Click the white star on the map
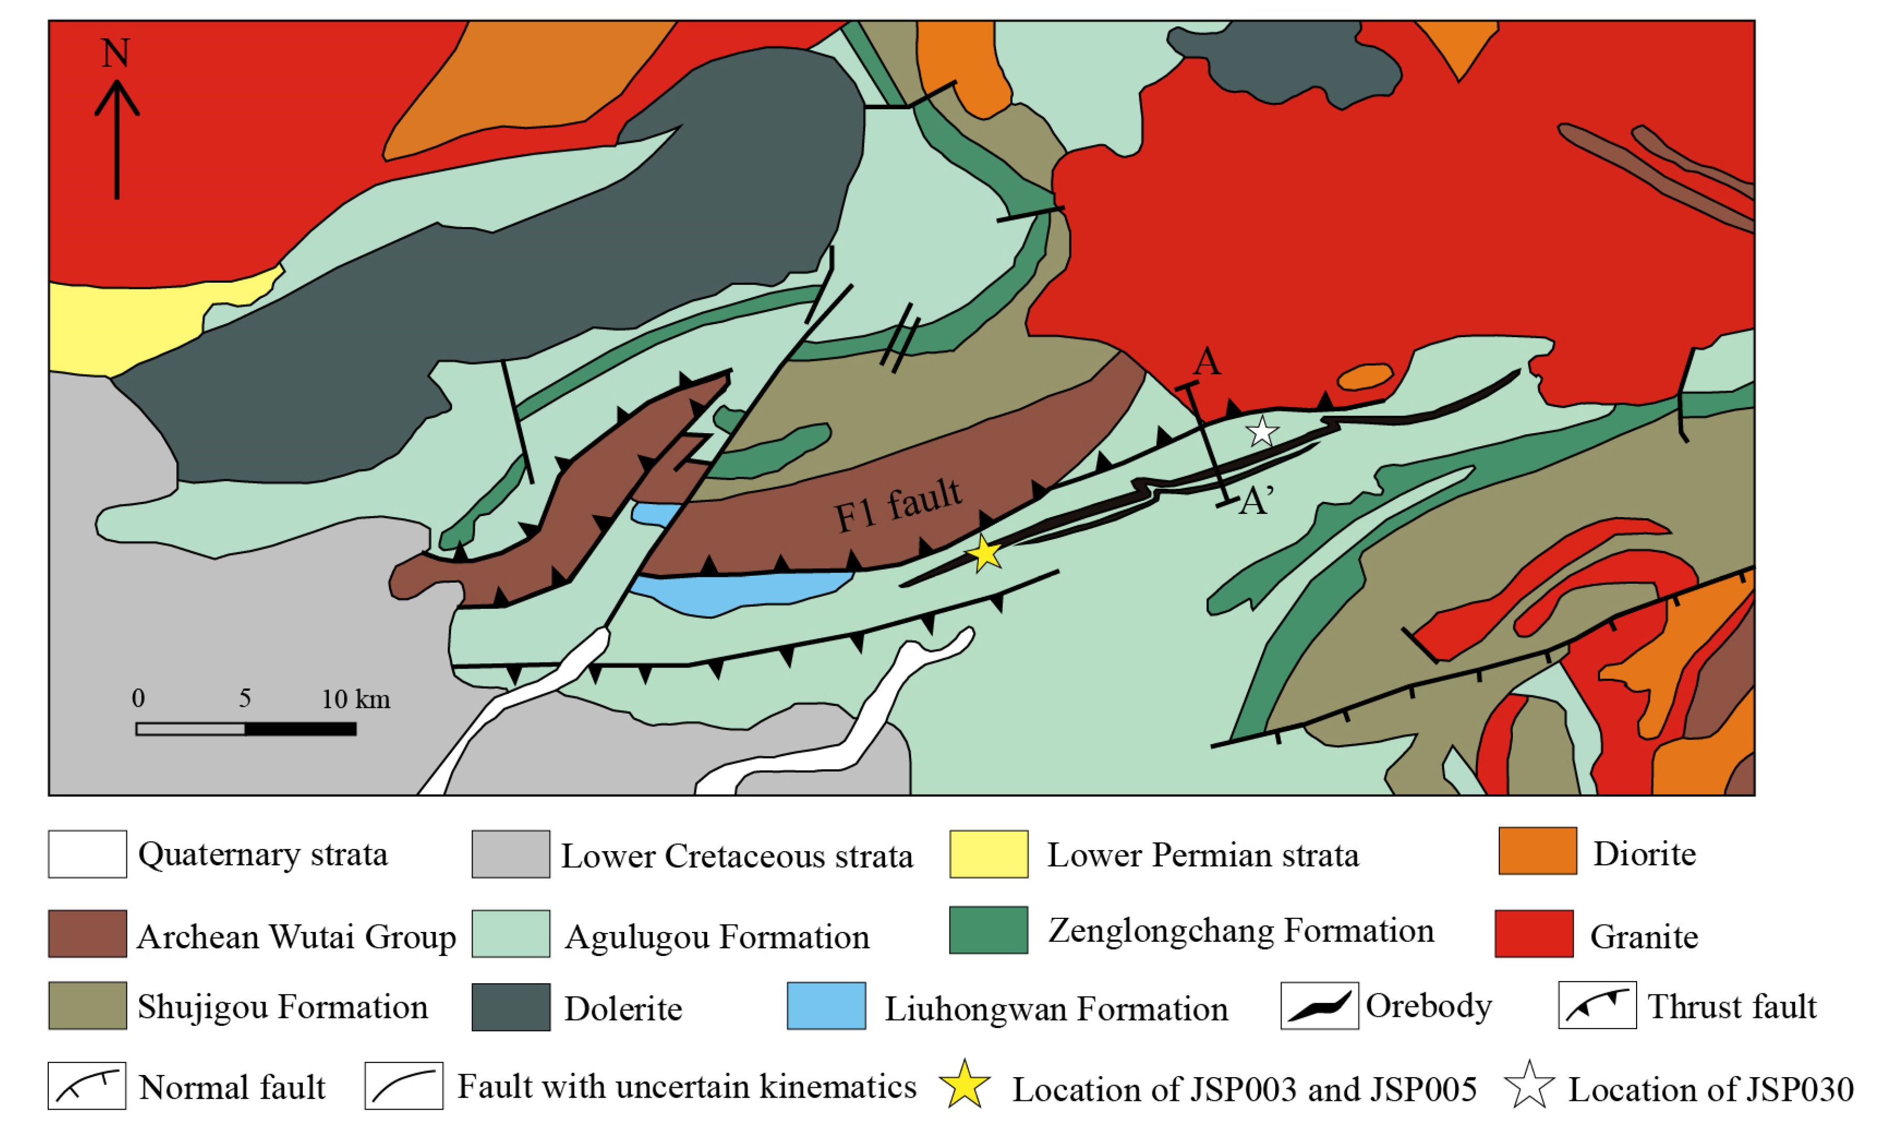click(1262, 432)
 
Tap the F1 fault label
click(898, 506)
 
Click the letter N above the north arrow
click(116, 53)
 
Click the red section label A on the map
click(1207, 361)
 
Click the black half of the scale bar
click(301, 729)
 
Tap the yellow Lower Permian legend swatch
click(988, 854)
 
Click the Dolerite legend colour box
click(510, 1007)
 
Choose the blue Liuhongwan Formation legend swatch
click(826, 1006)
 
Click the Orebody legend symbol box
click(1319, 1005)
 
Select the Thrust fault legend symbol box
click(1597, 1005)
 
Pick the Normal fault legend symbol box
click(87, 1086)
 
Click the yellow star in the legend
click(965, 1085)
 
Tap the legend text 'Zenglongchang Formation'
click(1241, 931)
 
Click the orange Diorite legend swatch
click(1538, 851)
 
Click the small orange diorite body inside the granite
click(1364, 377)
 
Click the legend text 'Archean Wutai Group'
click(296, 937)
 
